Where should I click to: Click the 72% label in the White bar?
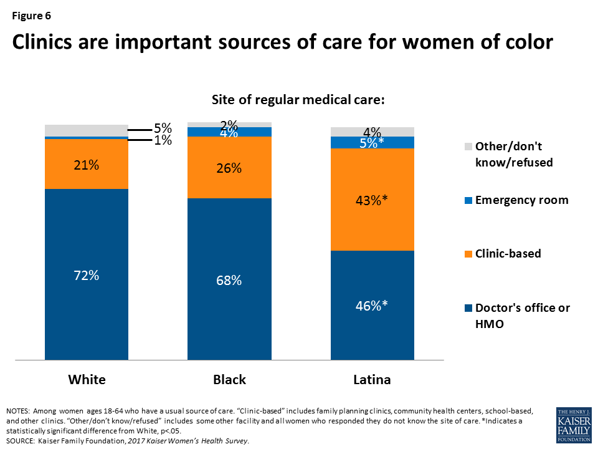click(87, 275)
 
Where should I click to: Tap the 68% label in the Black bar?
click(229, 280)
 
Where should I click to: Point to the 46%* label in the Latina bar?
click(373, 306)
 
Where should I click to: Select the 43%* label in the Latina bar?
click(373, 200)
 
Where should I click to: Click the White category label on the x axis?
click(87, 380)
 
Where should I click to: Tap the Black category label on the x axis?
click(229, 380)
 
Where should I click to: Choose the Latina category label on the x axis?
click(373, 380)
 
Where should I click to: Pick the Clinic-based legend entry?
click(508, 254)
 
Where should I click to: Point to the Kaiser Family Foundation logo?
click(573, 425)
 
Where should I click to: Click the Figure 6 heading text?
click(30, 15)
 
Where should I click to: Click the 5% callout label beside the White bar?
click(163, 129)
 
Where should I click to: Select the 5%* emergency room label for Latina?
click(373, 143)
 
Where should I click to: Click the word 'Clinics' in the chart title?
click(45, 42)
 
